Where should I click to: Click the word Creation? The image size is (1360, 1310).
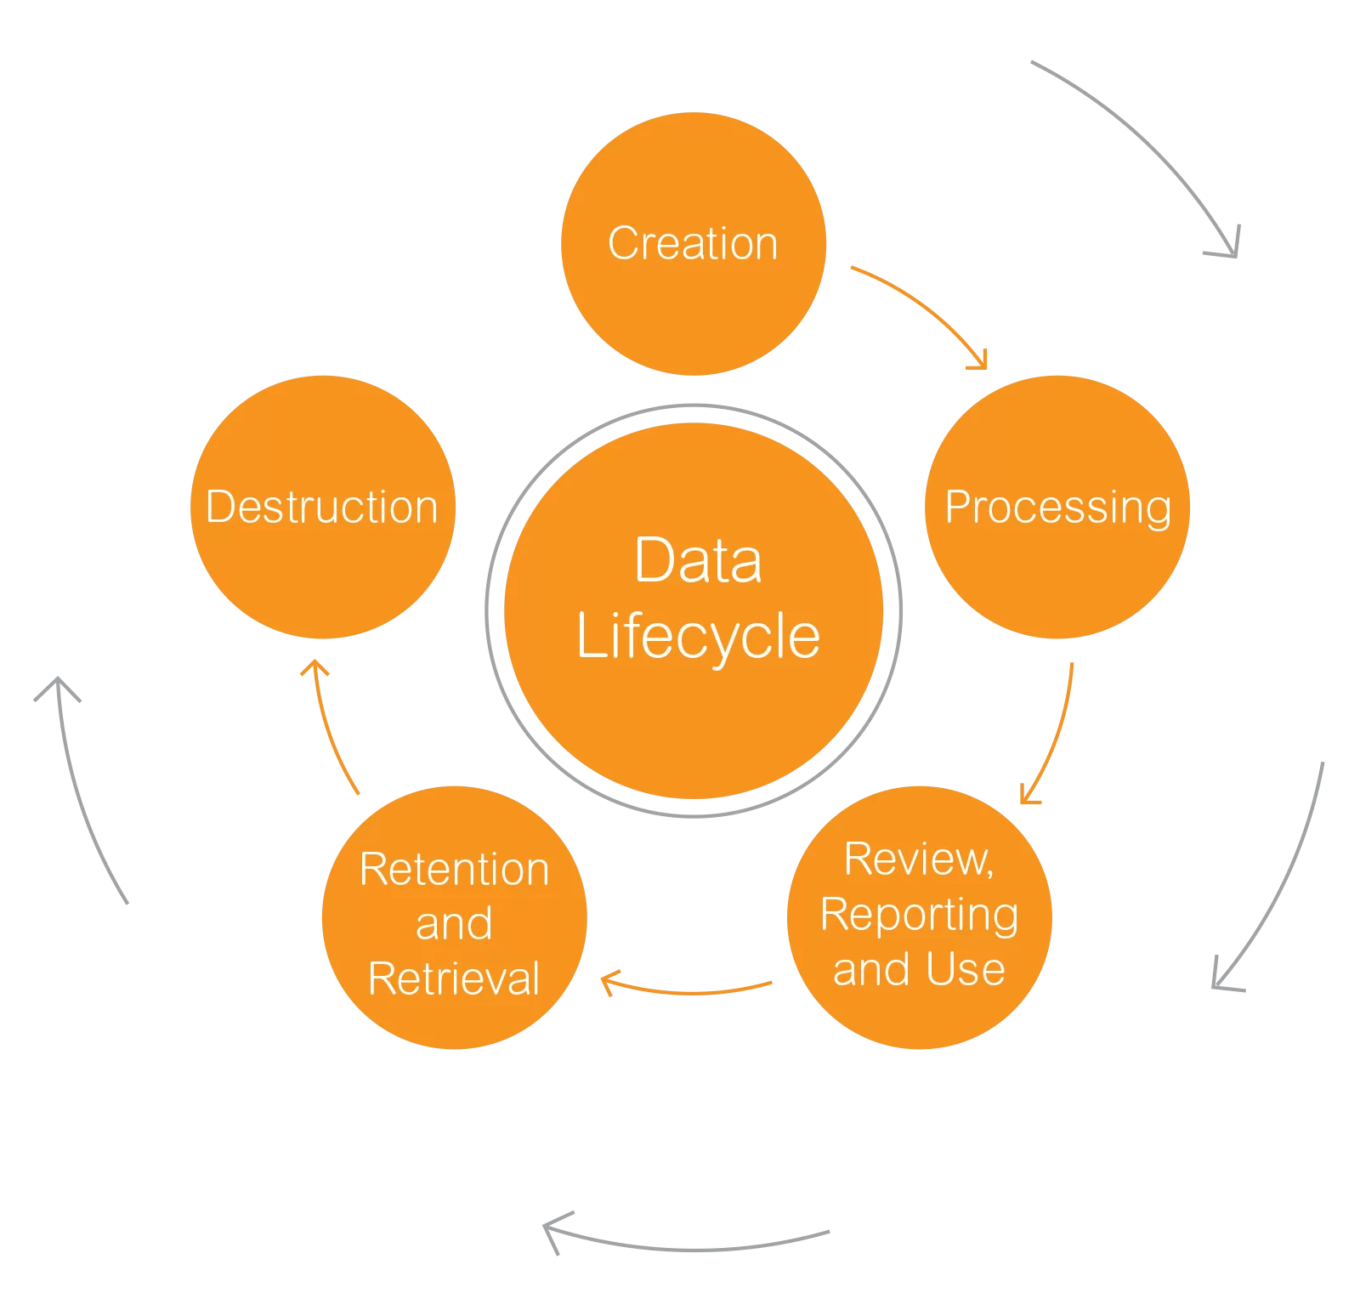pyautogui.click(x=693, y=244)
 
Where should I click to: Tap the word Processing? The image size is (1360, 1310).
pyautogui.click(x=1057, y=508)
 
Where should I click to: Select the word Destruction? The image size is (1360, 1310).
pyautogui.click(x=322, y=508)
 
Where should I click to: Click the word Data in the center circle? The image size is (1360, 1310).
pyautogui.click(x=698, y=561)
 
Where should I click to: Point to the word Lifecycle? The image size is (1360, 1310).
pyautogui.click(x=698, y=636)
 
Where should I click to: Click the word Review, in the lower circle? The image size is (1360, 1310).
pyautogui.click(x=919, y=859)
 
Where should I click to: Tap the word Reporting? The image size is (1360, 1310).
pyautogui.click(x=919, y=916)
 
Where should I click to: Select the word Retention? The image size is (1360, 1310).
pyautogui.click(x=454, y=870)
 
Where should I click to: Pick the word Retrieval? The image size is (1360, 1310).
pyautogui.click(x=454, y=978)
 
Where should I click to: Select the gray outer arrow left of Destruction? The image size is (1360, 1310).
pyautogui.click(x=82, y=791)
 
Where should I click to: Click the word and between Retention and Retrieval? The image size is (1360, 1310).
pyautogui.click(x=454, y=924)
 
